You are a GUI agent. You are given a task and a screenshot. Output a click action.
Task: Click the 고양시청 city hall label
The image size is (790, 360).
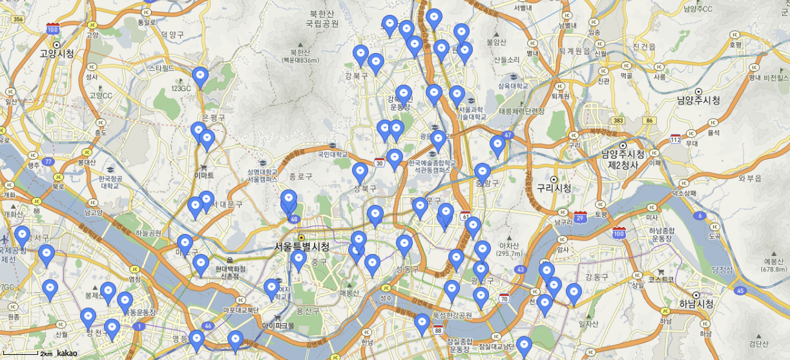(x=56, y=54)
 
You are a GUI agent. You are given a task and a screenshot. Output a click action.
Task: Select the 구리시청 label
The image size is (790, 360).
(x=554, y=188)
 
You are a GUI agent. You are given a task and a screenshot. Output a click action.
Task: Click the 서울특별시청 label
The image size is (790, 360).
(x=302, y=247)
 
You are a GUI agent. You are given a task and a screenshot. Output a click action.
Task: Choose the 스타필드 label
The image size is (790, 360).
(x=161, y=67)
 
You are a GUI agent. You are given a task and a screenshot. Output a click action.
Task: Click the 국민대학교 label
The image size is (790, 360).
(x=333, y=155)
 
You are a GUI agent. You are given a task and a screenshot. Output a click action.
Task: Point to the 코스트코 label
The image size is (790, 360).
(x=661, y=280)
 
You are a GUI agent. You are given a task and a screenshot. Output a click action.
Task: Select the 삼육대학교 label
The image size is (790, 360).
(x=513, y=86)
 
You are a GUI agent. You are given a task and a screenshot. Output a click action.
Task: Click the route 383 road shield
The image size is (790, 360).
(x=618, y=121)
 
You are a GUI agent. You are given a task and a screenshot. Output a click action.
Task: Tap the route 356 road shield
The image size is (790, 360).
(x=18, y=19)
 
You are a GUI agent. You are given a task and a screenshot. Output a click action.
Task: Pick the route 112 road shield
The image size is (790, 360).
(x=676, y=140)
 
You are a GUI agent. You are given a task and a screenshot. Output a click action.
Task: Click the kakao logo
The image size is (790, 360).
(x=67, y=354)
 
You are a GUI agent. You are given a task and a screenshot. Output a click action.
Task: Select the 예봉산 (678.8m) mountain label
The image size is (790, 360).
(x=773, y=265)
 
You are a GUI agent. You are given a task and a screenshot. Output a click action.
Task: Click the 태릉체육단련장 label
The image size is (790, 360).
(x=522, y=111)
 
